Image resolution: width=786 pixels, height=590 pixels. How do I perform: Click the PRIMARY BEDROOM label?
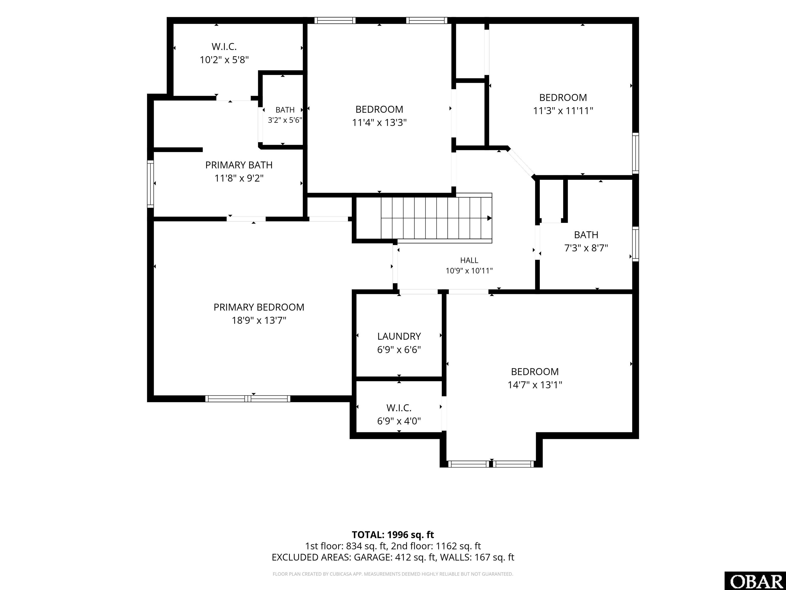point(259,307)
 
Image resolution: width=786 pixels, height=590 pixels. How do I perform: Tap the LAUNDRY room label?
point(399,336)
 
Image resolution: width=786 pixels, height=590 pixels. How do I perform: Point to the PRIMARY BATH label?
point(239,165)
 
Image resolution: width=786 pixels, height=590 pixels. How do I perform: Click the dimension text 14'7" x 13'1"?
point(535,385)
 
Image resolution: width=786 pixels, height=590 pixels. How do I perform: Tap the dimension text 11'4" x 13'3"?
point(379,123)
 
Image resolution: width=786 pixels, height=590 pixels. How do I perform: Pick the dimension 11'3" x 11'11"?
point(563,111)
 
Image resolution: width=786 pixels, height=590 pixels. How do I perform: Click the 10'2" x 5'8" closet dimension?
point(224,60)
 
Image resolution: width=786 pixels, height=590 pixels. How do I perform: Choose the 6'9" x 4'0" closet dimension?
point(399,421)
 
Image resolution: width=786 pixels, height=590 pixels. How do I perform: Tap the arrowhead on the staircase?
point(489,218)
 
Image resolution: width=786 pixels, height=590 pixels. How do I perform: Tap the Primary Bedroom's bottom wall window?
point(248,399)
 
